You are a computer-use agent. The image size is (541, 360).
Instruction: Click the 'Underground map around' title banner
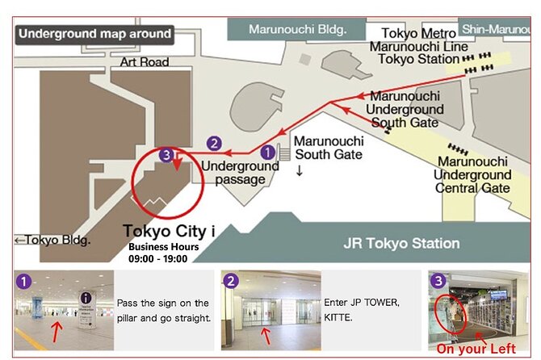click(95, 34)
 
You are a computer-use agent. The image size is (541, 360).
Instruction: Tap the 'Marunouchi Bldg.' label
click(297, 30)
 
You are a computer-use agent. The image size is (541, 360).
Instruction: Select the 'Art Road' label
click(145, 62)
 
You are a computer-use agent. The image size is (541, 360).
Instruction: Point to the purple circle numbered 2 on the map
click(214, 143)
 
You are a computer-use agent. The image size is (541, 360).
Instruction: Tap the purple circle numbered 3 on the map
click(166, 154)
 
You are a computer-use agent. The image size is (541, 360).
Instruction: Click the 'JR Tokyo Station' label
click(402, 243)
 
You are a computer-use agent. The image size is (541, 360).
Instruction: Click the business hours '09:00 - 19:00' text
click(158, 258)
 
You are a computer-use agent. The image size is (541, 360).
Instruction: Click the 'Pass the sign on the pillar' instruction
click(162, 309)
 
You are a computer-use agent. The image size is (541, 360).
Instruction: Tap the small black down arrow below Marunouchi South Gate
click(300, 170)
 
